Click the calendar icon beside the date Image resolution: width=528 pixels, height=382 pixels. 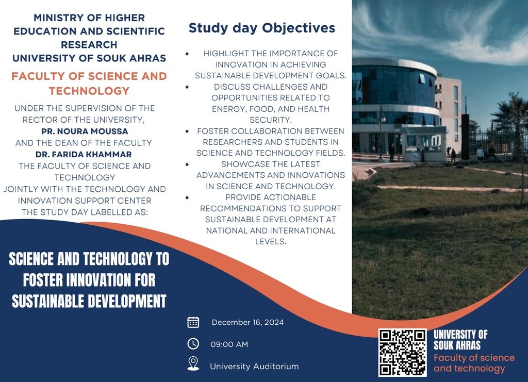[x=193, y=322]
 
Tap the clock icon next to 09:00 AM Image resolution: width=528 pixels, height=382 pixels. [x=193, y=344]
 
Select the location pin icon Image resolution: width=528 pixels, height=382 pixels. [x=193, y=364]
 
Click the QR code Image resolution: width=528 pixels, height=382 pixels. [x=402, y=353]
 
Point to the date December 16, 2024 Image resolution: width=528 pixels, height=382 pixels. [x=247, y=322]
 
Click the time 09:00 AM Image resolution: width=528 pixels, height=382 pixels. [x=229, y=344]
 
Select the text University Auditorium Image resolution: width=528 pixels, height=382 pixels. [x=254, y=366]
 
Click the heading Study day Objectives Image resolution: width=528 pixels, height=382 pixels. [x=261, y=28]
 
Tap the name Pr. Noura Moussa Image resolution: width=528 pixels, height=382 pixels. [x=85, y=131]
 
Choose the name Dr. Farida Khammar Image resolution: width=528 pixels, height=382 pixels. [x=84, y=155]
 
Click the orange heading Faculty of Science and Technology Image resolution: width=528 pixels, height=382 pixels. [x=89, y=84]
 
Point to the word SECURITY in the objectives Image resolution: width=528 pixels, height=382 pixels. [x=270, y=120]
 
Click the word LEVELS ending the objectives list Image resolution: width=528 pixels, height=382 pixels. [x=270, y=242]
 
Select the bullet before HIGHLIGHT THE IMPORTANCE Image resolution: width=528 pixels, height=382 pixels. [x=187, y=54]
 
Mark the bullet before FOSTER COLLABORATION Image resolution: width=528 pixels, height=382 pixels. [x=187, y=131]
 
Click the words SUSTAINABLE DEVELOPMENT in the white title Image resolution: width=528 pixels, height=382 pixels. [x=89, y=301]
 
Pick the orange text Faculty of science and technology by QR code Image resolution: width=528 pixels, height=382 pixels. [x=474, y=363]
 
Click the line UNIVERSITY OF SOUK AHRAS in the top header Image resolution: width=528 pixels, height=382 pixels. [x=89, y=58]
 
